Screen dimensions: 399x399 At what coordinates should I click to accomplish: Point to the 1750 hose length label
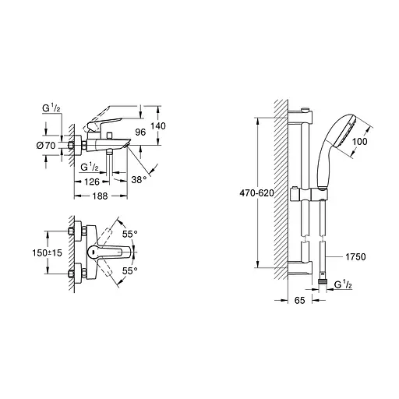pos(354,256)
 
